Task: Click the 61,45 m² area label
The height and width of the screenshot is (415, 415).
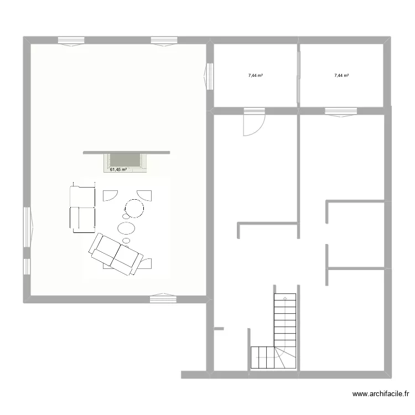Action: coord(118,170)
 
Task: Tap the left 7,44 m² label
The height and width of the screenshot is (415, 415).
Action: coord(255,75)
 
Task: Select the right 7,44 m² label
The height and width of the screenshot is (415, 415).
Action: coord(341,75)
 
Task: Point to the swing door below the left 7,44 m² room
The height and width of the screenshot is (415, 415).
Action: coord(253,122)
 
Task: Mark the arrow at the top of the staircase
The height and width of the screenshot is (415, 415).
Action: coord(285,299)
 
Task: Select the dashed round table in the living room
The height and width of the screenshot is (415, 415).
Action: coord(134,209)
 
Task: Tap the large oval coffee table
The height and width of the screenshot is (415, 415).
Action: coord(127,227)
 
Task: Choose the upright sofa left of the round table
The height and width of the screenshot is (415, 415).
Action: coord(82,208)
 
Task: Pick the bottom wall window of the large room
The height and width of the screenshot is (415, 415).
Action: coord(163,299)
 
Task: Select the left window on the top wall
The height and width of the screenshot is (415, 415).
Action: coord(71,40)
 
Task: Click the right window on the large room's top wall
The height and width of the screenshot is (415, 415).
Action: coord(164,40)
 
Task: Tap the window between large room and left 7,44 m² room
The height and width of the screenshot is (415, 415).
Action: coord(210,76)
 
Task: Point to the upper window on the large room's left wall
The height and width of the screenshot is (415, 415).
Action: coord(27,227)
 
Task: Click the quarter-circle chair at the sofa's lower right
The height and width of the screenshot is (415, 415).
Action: coord(147,263)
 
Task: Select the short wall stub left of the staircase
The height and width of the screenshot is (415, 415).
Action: coord(219,329)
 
